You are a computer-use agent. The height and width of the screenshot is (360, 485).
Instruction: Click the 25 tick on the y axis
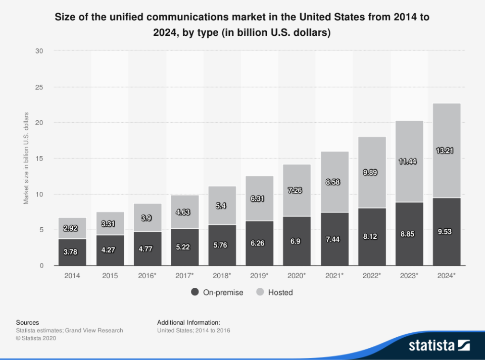click(x=39, y=87)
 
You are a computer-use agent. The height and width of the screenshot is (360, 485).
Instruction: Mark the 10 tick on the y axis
click(x=39, y=194)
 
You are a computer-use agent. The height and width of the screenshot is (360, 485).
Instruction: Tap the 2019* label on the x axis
click(x=259, y=276)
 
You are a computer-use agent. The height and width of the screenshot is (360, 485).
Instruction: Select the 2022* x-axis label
click(x=372, y=276)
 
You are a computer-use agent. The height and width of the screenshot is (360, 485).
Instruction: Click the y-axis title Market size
click(x=26, y=158)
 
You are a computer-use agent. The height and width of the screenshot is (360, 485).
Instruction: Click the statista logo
click(x=439, y=345)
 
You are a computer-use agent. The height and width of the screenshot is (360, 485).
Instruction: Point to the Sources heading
click(x=27, y=322)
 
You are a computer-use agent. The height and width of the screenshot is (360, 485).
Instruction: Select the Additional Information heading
click(x=188, y=322)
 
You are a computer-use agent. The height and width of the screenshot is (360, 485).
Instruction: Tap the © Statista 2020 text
click(x=36, y=338)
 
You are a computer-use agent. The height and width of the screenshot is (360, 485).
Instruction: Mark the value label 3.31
click(x=110, y=224)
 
